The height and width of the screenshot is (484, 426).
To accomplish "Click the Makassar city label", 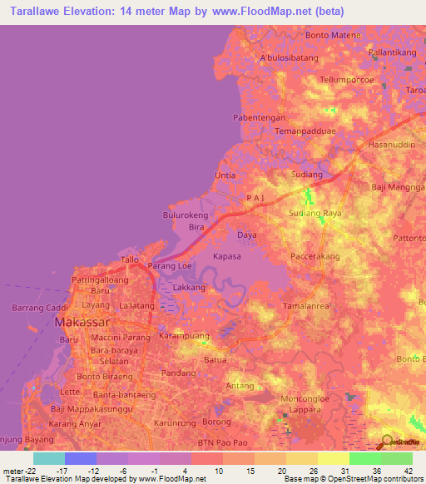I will point(94,322).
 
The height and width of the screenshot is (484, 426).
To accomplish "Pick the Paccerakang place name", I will point(315,257).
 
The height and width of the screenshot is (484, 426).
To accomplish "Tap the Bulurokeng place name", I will point(184,215).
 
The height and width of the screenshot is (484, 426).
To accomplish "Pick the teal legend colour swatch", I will point(48,458).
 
